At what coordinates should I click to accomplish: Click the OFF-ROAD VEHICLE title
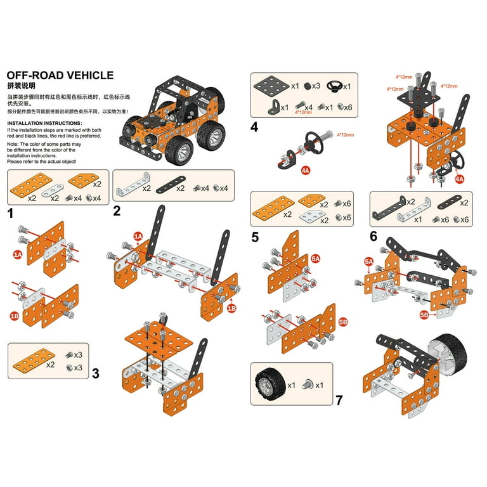[60, 75]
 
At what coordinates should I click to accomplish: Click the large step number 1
[11, 214]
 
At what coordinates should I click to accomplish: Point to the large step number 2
[117, 211]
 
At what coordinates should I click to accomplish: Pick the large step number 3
[95, 373]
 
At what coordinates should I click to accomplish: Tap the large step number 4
[254, 127]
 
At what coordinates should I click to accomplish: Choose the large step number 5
[254, 237]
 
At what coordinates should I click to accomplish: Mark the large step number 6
[373, 237]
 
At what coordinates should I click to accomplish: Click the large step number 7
[339, 400]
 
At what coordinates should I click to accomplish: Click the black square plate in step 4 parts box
[272, 85]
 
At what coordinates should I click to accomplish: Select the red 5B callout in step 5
[343, 322]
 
